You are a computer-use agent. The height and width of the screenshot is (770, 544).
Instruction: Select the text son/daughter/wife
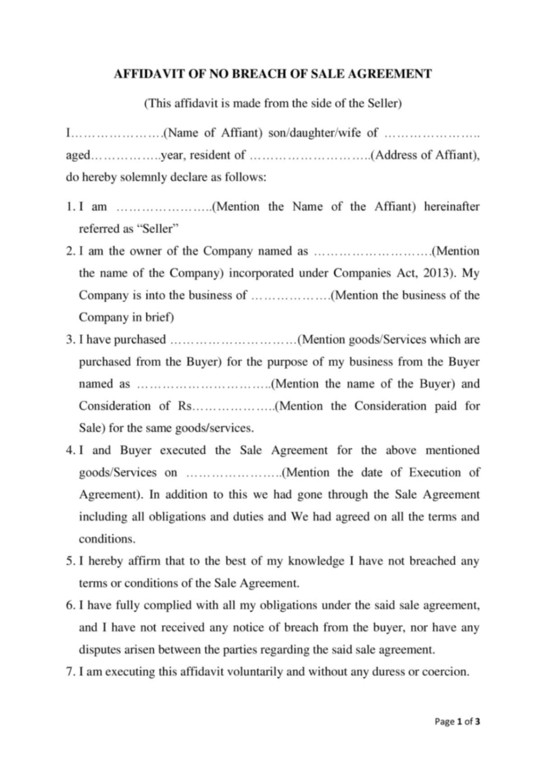click(316, 133)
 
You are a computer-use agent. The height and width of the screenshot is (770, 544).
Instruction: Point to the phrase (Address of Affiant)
click(424, 155)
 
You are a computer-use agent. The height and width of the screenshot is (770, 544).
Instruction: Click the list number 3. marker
click(70, 339)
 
